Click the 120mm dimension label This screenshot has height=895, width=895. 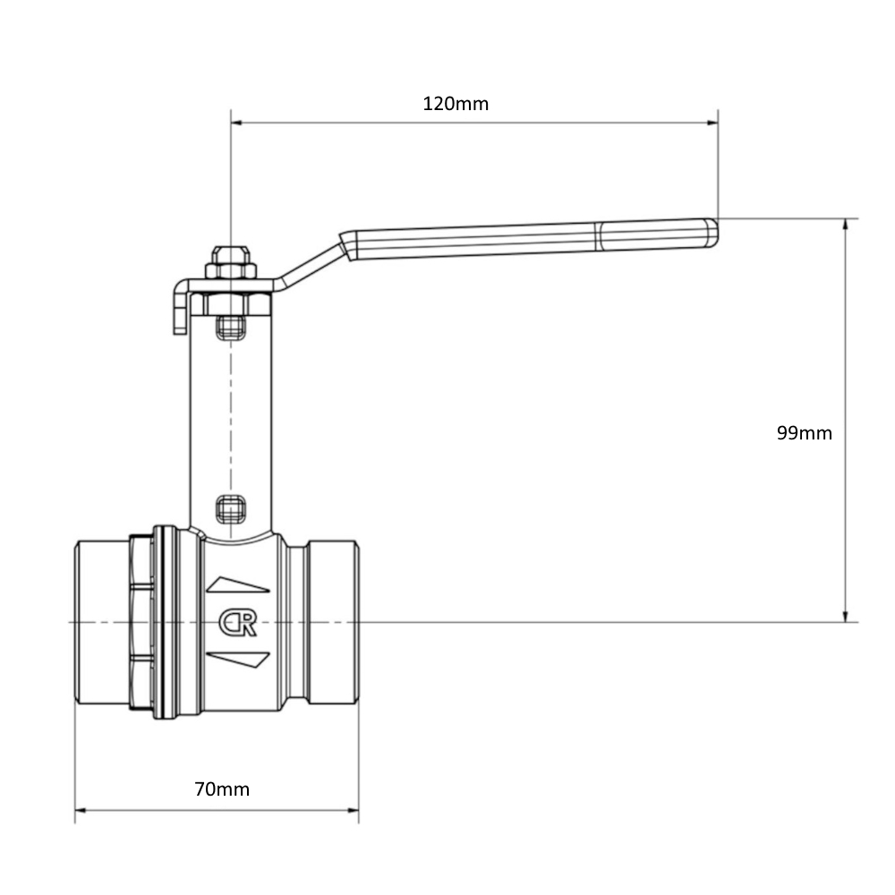[x=456, y=104]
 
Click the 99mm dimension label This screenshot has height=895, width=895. [x=805, y=433]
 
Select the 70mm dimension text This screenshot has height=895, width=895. [x=222, y=789]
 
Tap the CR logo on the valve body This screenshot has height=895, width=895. [x=237, y=623]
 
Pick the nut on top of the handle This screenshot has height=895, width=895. [x=231, y=262]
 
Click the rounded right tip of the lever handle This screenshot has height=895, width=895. [x=712, y=233]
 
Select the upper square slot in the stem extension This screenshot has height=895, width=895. [x=231, y=327]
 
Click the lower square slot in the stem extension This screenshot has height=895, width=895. [x=231, y=509]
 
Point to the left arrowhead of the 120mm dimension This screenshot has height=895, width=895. [x=237, y=122]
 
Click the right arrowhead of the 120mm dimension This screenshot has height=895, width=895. [x=712, y=122]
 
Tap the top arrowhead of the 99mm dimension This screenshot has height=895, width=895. [x=846, y=225]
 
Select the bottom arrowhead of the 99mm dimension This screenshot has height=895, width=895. [x=846, y=616]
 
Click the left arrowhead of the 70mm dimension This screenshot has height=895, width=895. [x=81, y=809]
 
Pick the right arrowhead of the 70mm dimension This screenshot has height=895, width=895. [x=353, y=809]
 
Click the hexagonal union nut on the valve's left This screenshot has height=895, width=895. [x=141, y=622]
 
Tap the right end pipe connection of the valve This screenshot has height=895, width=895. [x=333, y=622]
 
